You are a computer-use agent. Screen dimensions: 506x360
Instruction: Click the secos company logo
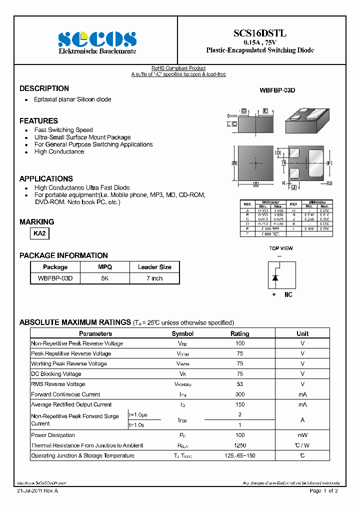click(97, 39)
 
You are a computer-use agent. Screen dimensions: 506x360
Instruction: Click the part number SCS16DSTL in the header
click(260, 33)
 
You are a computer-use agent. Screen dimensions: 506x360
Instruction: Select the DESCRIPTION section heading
click(44, 88)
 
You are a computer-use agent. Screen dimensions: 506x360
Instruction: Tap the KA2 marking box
click(40, 233)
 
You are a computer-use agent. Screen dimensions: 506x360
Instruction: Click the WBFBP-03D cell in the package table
click(55, 278)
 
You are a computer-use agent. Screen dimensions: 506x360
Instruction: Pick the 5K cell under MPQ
click(105, 278)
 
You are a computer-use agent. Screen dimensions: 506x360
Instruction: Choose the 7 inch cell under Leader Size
click(154, 278)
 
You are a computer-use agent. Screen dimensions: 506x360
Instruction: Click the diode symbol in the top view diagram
click(274, 277)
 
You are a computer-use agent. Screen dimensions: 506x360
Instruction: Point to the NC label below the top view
click(288, 295)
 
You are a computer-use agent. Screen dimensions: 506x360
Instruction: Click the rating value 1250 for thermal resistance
click(239, 445)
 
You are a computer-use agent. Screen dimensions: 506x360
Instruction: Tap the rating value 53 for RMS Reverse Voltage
click(239, 384)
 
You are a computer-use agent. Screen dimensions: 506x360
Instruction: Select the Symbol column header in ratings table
click(182, 333)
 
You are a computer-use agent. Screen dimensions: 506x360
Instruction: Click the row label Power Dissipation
click(53, 435)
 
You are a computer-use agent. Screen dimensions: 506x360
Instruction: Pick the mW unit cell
click(302, 435)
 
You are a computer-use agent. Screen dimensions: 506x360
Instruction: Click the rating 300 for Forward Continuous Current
click(239, 394)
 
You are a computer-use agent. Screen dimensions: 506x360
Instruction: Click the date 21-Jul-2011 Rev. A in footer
click(37, 491)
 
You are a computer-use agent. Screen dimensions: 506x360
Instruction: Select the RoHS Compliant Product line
click(178, 68)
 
